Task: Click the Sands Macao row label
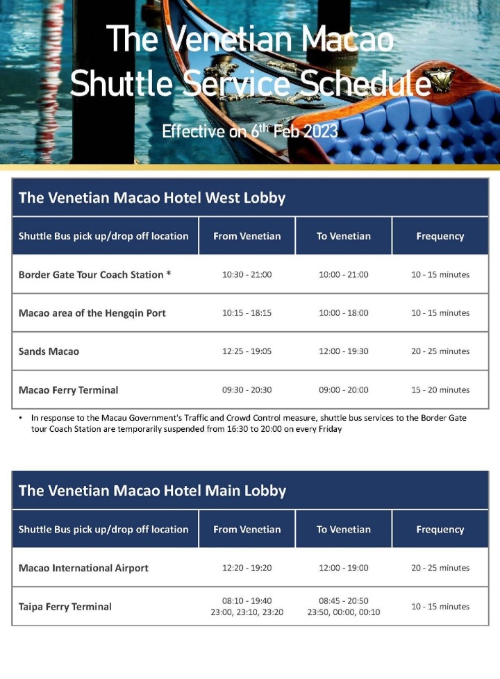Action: click(49, 351)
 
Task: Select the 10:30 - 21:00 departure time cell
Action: click(247, 274)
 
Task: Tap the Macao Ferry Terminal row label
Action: click(68, 390)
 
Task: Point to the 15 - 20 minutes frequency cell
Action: click(440, 390)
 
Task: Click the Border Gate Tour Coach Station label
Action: click(94, 274)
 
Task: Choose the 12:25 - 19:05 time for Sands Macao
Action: click(247, 351)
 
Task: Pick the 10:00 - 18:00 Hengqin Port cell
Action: click(343, 313)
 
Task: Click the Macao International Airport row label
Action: click(83, 568)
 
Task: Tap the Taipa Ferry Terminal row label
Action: click(65, 607)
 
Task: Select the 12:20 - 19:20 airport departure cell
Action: click(247, 568)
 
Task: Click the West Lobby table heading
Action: click(152, 198)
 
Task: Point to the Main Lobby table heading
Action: click(152, 491)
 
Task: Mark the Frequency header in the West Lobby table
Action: click(440, 236)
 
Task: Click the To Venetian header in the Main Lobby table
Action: click(343, 529)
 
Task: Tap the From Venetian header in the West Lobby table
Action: click(247, 236)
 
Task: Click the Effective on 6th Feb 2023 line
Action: click(249, 131)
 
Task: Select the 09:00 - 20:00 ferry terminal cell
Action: click(343, 390)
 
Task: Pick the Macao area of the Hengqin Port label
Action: click(92, 313)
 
